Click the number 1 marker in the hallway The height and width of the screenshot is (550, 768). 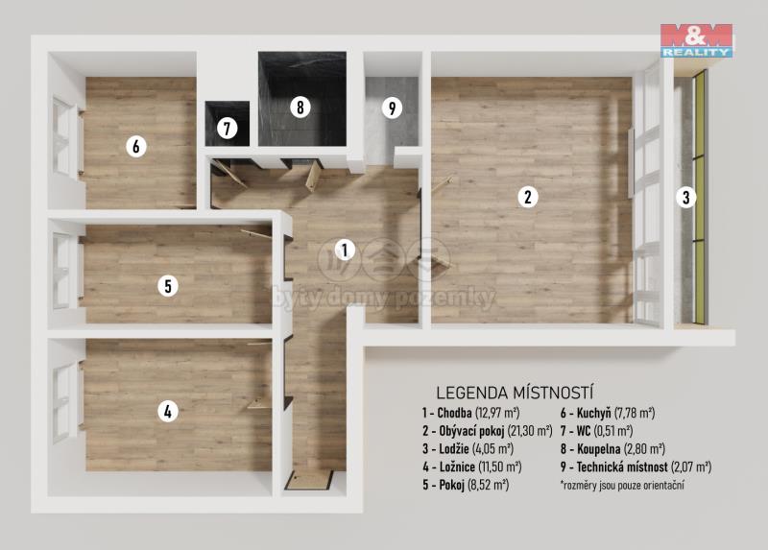click(x=345, y=251)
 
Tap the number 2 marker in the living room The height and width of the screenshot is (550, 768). click(x=528, y=197)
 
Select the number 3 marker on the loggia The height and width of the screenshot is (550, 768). click(x=685, y=198)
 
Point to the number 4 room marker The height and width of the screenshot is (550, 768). click(x=168, y=412)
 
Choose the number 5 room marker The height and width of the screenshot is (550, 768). click(x=168, y=285)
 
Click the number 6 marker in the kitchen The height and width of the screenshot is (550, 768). click(x=136, y=146)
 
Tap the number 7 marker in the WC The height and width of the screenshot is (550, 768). click(x=227, y=129)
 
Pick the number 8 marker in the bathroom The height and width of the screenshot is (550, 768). click(x=300, y=107)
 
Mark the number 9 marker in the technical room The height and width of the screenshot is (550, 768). click(x=392, y=108)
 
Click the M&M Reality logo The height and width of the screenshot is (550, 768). click(x=696, y=40)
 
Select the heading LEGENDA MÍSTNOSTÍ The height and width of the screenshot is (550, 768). click(x=515, y=393)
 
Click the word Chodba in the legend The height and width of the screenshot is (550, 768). click(x=454, y=413)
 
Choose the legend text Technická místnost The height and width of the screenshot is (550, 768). click(x=621, y=467)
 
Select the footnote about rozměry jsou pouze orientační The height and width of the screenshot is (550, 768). click(x=622, y=486)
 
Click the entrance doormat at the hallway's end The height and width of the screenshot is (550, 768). click(x=309, y=480)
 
